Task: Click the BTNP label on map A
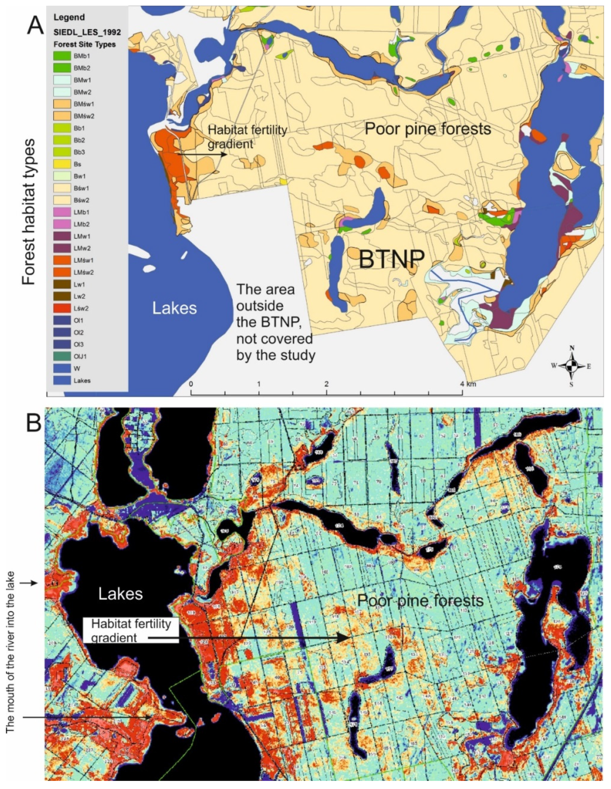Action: pyautogui.click(x=391, y=259)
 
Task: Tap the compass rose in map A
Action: pyautogui.click(x=572, y=366)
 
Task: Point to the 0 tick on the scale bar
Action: pyautogui.click(x=191, y=384)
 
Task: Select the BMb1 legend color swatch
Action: pyautogui.click(x=62, y=56)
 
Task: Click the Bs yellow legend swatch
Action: pyautogui.click(x=62, y=164)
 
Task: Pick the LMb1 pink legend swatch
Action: pyautogui.click(x=62, y=212)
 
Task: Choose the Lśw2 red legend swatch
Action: pyautogui.click(x=62, y=309)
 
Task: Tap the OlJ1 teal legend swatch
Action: pyautogui.click(x=62, y=357)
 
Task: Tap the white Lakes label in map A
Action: pyautogui.click(x=174, y=308)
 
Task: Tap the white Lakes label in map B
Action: pyautogui.click(x=121, y=594)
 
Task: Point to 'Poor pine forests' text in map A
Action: pyautogui.click(x=428, y=129)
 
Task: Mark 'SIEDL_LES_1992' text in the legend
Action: pyautogui.click(x=87, y=32)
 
